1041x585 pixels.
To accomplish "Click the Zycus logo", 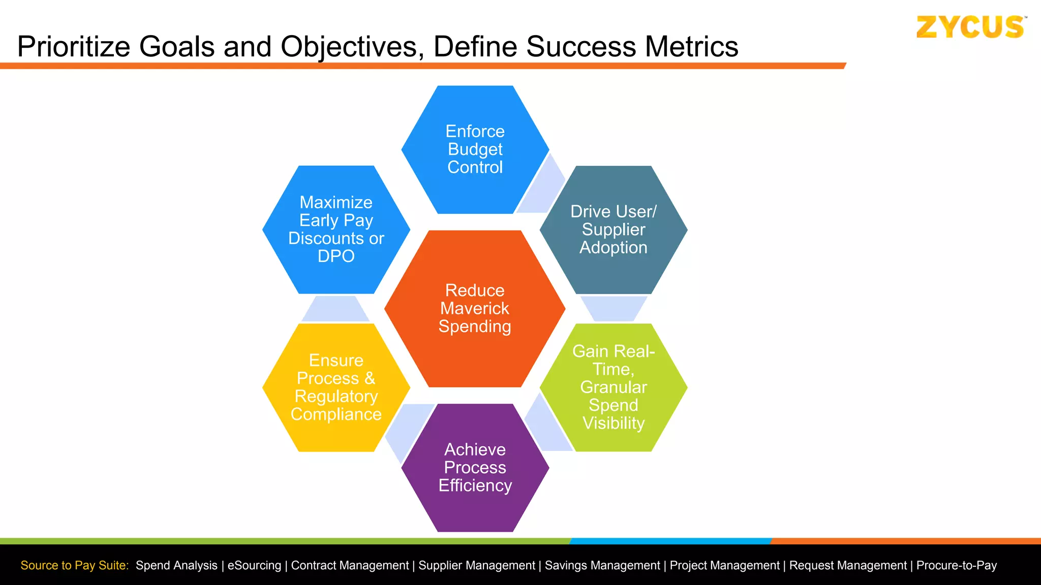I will [x=970, y=27].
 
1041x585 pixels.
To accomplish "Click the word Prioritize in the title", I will [x=74, y=47].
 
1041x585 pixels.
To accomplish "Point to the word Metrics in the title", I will [x=691, y=47].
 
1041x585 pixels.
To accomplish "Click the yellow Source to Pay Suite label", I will [x=75, y=565].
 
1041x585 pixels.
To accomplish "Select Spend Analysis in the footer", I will [x=176, y=565].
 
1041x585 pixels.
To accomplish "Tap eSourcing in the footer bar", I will [x=254, y=565].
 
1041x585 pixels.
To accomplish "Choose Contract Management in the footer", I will [x=350, y=565].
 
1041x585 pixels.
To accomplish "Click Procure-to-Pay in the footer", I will [x=956, y=565].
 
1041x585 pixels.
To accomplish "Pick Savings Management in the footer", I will [x=602, y=565].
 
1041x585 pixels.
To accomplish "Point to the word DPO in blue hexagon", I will [x=336, y=256].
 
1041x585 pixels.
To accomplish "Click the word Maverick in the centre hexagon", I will [x=475, y=308].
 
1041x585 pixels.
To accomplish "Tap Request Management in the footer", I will [x=848, y=565].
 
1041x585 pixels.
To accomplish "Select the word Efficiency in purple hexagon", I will [x=475, y=485].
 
